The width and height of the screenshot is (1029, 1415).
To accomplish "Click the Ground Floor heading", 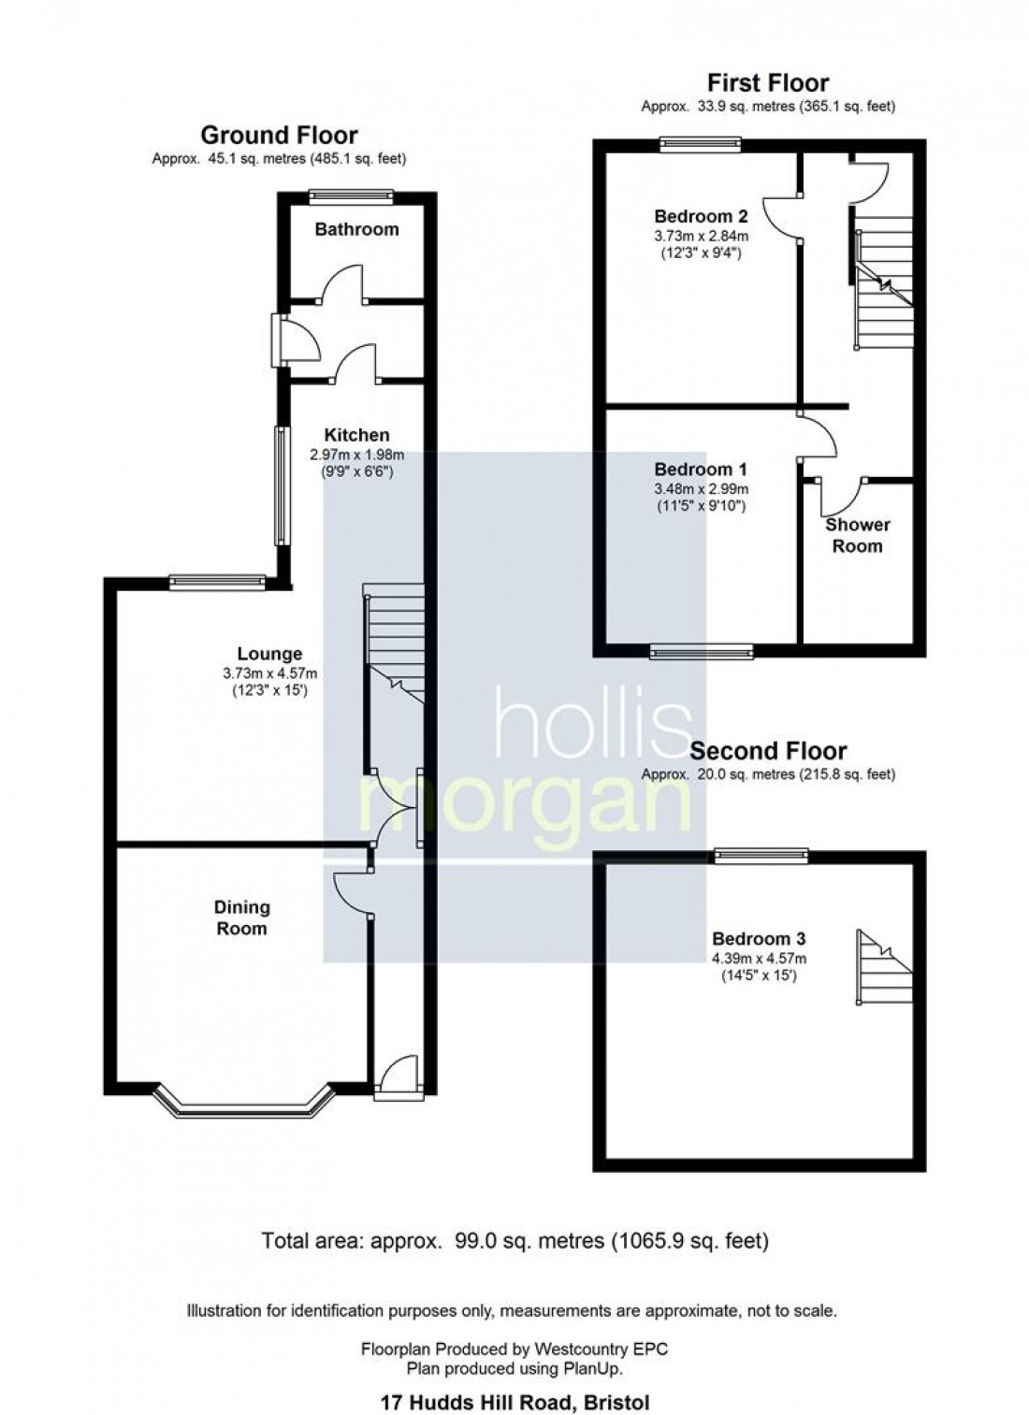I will (279, 136).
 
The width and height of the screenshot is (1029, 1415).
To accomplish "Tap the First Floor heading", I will (767, 83).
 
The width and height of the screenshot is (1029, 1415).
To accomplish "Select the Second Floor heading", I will (768, 751).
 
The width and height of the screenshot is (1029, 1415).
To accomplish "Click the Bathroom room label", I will (356, 229).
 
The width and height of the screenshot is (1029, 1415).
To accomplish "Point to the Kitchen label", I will (356, 435).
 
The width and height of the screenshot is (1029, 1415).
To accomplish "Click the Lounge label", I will (269, 655).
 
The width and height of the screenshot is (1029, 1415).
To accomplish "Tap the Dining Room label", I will (241, 917).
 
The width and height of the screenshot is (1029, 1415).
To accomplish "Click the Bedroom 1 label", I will (701, 469).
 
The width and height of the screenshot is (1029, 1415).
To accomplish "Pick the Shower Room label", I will (857, 535).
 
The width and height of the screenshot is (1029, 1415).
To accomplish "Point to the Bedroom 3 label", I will (759, 939).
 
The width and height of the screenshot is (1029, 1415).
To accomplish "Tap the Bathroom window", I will (351, 196).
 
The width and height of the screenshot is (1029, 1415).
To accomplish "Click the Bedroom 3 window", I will (761, 854).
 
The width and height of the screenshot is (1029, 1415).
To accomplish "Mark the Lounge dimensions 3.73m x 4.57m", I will (269, 673).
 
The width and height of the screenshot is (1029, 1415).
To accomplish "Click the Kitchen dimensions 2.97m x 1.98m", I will (356, 455).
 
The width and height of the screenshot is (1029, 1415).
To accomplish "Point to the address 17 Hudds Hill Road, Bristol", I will (514, 1403).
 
